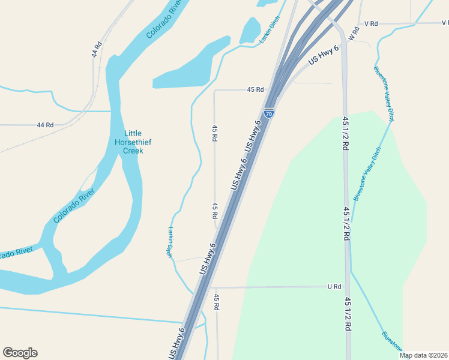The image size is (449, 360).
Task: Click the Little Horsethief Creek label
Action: [133, 142]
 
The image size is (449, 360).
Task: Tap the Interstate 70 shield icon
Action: [269, 112]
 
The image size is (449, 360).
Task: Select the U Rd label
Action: [334, 287]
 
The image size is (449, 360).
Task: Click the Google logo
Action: [20, 353]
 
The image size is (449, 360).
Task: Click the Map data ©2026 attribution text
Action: [423, 355]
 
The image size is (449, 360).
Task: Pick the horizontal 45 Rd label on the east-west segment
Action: [255, 89]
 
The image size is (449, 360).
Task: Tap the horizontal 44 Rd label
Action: [45, 125]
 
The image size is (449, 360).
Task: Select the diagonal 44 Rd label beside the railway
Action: [97, 49]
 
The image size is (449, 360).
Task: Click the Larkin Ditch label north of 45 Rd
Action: [270, 30]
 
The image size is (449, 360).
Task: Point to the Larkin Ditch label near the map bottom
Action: [170, 242]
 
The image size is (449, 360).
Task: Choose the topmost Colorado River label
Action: [164, 19]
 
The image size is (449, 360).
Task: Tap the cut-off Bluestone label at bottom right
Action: [393, 341]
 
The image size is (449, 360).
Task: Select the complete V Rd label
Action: [370, 23]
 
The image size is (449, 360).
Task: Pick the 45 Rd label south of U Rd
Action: [216, 302]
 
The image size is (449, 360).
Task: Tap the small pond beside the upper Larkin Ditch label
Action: [250, 30]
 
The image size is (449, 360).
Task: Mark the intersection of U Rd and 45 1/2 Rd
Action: [346, 287]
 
